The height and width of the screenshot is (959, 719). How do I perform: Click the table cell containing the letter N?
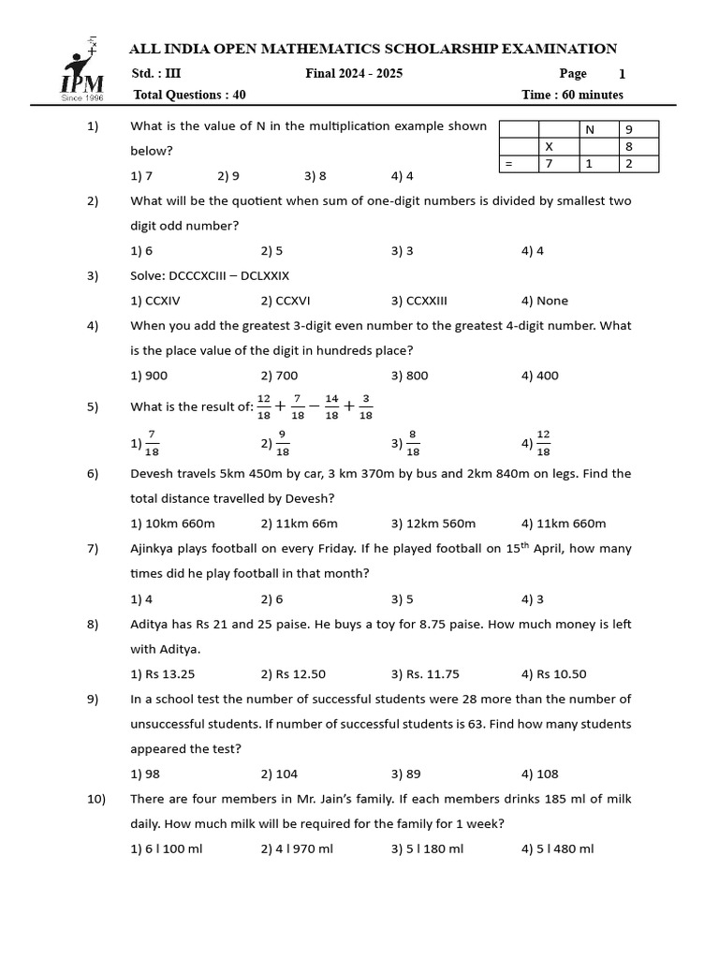pyautogui.click(x=590, y=129)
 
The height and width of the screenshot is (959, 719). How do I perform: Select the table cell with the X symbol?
pyautogui.click(x=549, y=147)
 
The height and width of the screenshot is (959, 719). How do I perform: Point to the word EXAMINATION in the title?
pyautogui.click(x=558, y=49)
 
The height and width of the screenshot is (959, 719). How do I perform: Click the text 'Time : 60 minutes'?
pyautogui.click(x=572, y=95)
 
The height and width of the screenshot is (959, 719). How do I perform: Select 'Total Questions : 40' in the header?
pyautogui.click(x=190, y=95)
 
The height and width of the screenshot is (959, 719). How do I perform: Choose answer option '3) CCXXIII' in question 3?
pyautogui.click(x=419, y=301)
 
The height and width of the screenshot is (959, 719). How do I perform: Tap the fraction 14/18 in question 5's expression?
pyautogui.click(x=331, y=406)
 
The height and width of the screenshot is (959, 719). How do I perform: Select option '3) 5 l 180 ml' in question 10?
pyautogui.click(x=427, y=848)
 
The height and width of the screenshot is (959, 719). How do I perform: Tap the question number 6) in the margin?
pyautogui.click(x=93, y=474)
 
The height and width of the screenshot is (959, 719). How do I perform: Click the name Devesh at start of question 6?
pyautogui.click(x=153, y=474)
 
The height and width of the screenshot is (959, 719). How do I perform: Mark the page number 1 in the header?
pyautogui.click(x=623, y=74)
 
